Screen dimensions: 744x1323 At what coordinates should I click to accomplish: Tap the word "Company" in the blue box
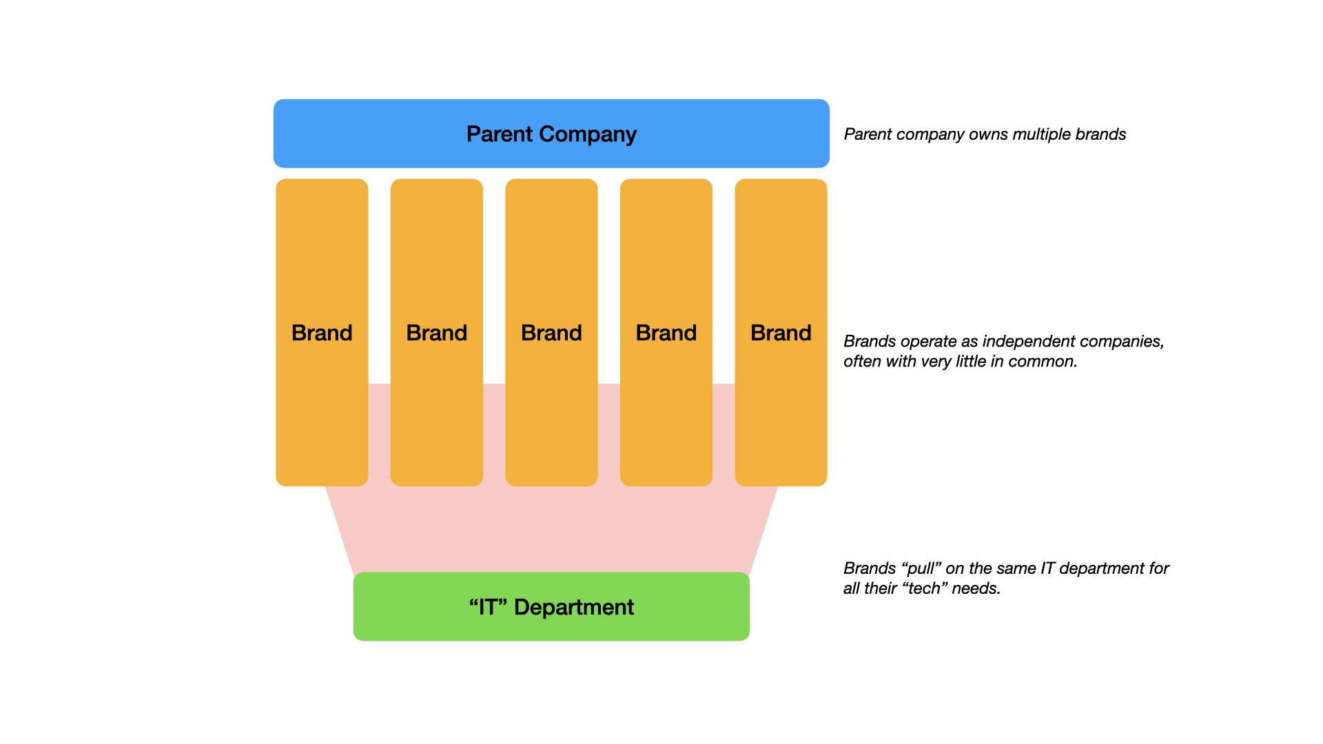[x=588, y=134]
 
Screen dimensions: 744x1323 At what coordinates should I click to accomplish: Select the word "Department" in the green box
[x=574, y=607]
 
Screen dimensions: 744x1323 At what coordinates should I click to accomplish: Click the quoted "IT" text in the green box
[x=488, y=607]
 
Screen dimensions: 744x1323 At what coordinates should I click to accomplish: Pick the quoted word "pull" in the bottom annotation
[x=921, y=569]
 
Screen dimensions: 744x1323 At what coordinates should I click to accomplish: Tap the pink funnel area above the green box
[x=551, y=530]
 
